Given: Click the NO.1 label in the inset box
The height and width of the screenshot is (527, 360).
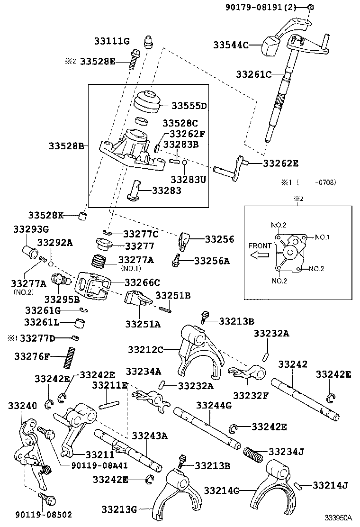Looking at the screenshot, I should click(321, 237).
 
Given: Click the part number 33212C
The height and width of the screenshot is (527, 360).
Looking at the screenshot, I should click(145, 349).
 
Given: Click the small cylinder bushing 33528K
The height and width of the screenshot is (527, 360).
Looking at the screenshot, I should click(84, 217).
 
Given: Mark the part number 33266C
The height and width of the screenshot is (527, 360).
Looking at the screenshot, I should click(142, 282).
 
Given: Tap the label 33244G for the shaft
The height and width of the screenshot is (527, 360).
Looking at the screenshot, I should click(214, 405).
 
